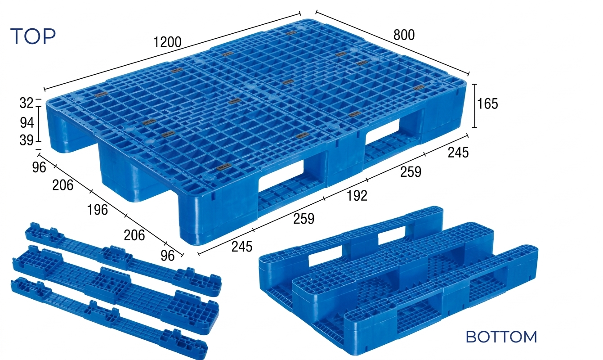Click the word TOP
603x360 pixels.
click(x=33, y=36)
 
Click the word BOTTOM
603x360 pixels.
click(x=501, y=337)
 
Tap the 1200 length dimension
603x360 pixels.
click(x=167, y=42)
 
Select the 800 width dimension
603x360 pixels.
click(x=404, y=35)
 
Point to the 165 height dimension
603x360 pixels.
click(x=487, y=104)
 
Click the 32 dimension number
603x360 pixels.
click(x=27, y=103)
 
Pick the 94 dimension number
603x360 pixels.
click(x=27, y=123)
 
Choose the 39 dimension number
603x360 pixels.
click(x=27, y=140)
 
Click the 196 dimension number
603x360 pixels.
click(x=98, y=210)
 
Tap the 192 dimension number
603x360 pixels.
click(x=357, y=196)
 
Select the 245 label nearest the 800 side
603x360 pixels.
click(x=458, y=153)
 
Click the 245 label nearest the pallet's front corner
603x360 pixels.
click(x=242, y=247)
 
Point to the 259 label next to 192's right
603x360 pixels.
click(x=411, y=172)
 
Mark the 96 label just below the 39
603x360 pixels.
click(x=39, y=167)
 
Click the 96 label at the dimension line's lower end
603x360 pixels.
click(x=167, y=256)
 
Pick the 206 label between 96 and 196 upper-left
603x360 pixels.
click(x=63, y=185)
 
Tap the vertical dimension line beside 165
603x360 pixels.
click(x=475, y=106)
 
